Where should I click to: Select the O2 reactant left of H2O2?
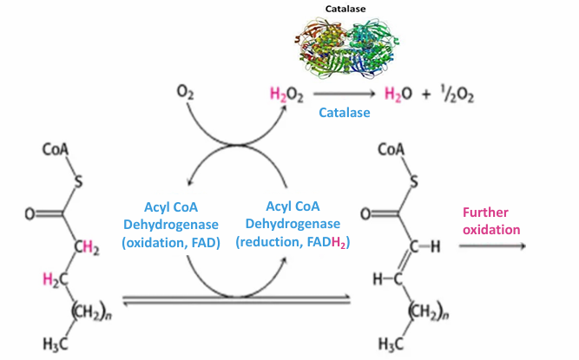(184, 91)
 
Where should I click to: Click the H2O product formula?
(393, 92)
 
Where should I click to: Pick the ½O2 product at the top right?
(455, 92)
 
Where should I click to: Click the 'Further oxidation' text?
(490, 220)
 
